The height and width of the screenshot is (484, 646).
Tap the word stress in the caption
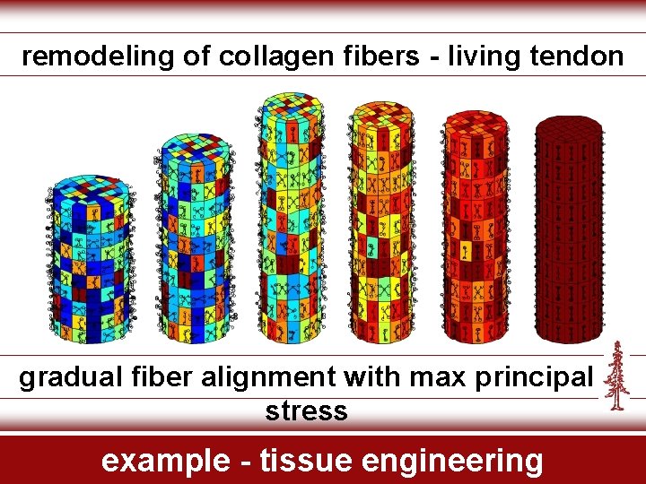tap(306, 411)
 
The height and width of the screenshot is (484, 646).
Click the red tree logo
tap(616, 376)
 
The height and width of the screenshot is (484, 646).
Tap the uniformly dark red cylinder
tap(569, 233)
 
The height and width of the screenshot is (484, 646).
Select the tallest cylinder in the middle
tap(291, 220)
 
